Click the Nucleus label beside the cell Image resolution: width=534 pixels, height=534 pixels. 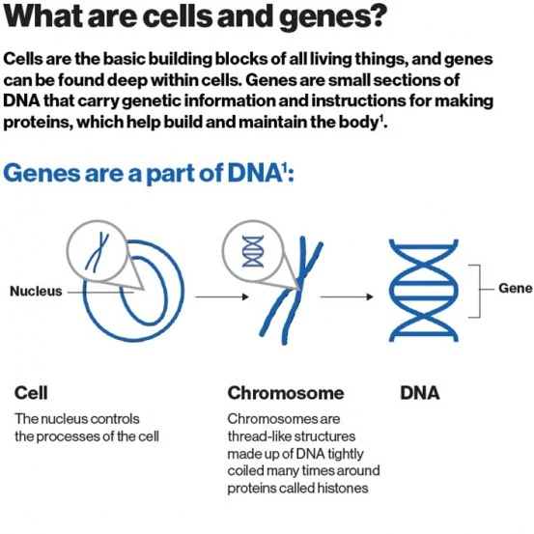point(36,291)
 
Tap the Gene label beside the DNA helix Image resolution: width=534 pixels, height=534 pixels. point(515,289)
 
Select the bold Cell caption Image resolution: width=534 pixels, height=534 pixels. point(31,394)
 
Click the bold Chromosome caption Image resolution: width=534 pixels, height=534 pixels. point(285,394)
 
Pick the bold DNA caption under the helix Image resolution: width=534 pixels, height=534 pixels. point(419,394)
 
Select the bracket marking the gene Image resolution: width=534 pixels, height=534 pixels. point(476,289)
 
